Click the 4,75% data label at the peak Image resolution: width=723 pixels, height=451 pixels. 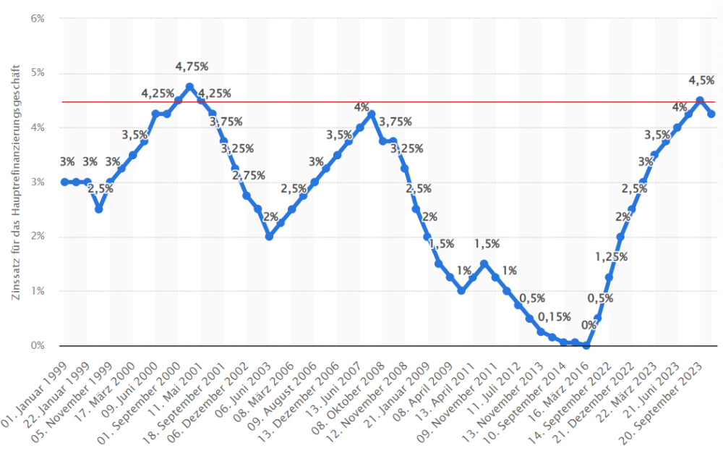pos(192,67)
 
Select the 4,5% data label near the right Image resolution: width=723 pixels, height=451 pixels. pos(701,80)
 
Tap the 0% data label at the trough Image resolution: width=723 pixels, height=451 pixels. pos(589,325)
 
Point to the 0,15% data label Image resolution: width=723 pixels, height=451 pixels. pos(555,316)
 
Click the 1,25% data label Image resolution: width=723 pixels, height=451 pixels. pos(611,257)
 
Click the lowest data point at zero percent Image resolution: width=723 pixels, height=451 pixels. pos(586,345)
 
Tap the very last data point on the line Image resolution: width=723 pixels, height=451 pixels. pos(711,114)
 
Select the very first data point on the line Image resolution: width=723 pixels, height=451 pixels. pos(64,182)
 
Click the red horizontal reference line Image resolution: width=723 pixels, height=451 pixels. pos(434,102)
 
